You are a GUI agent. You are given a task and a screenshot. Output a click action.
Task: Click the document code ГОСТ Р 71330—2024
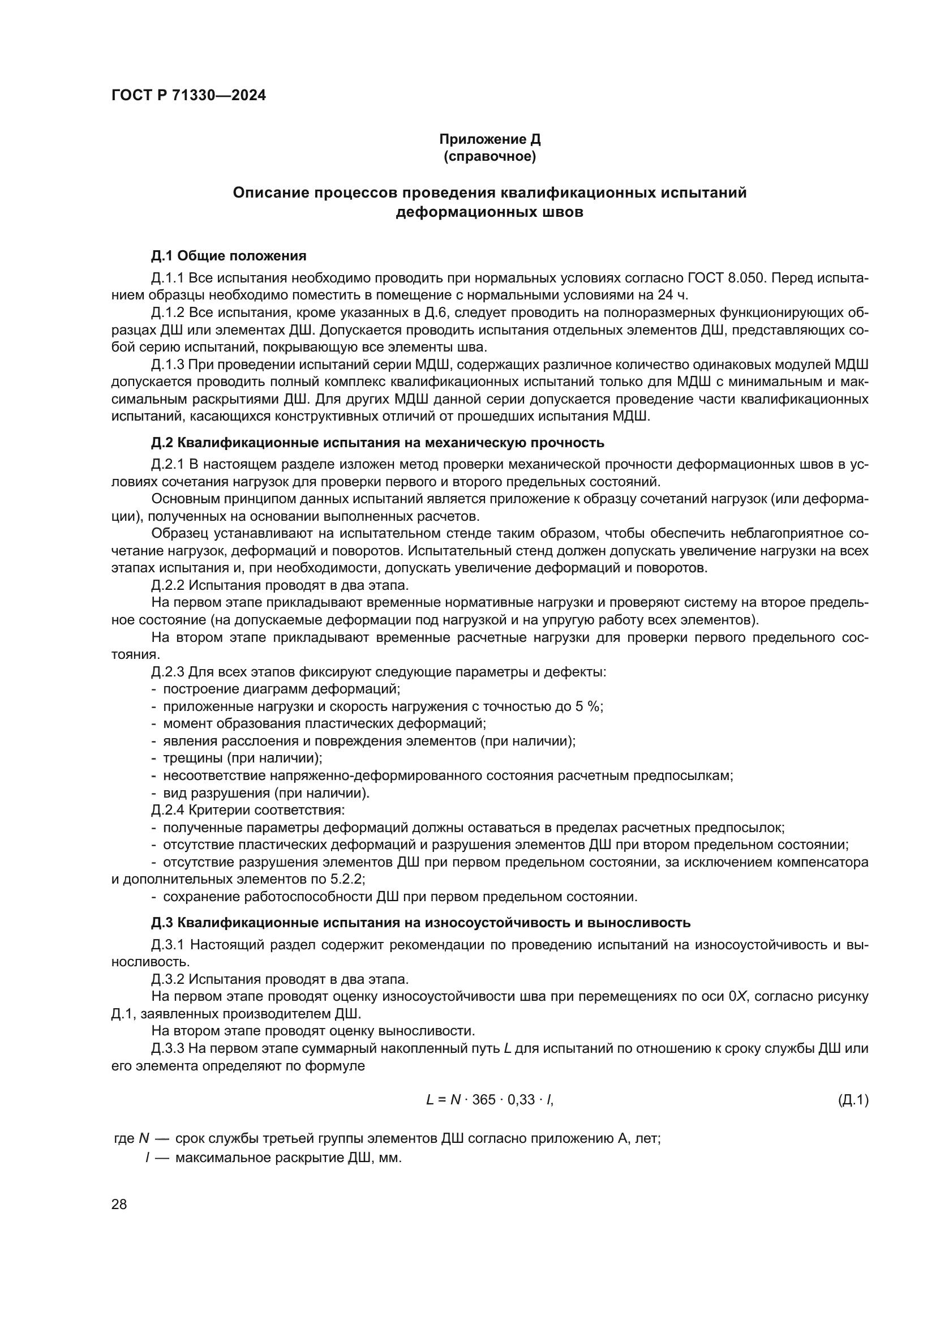pyautogui.click(x=188, y=96)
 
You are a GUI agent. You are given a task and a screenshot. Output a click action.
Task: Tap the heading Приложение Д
pyautogui.click(x=490, y=139)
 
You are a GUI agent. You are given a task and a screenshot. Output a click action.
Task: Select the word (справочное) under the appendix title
pyautogui.click(x=490, y=156)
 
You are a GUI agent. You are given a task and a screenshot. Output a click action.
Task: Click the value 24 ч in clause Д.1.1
pyautogui.click(x=672, y=295)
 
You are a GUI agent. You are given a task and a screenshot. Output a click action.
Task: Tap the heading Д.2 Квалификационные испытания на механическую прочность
pyautogui.click(x=377, y=442)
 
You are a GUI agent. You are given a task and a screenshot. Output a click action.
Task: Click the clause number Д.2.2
pyautogui.click(x=167, y=585)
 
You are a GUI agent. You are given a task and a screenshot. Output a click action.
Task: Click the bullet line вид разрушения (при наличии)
pyautogui.click(x=265, y=793)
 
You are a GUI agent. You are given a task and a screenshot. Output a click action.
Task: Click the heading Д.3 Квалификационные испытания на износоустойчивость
pyautogui.click(x=420, y=923)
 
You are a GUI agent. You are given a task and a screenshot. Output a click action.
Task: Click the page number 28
pyautogui.click(x=119, y=1204)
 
